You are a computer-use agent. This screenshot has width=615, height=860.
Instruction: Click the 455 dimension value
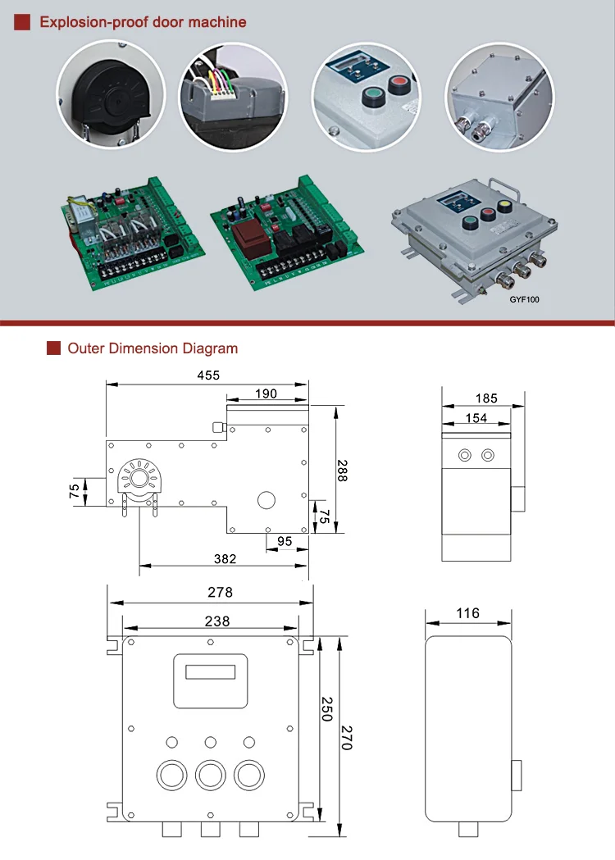(208, 375)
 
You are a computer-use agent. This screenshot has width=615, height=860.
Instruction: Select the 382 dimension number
(225, 558)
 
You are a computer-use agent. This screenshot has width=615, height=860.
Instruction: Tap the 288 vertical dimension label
(342, 469)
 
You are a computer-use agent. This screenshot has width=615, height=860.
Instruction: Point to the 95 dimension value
(285, 541)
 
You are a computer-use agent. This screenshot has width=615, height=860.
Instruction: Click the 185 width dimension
(486, 398)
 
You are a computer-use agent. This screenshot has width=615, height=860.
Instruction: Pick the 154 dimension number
(476, 418)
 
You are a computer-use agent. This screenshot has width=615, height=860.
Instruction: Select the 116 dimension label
(467, 613)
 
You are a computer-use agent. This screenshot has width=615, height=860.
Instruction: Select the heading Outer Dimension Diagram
(153, 348)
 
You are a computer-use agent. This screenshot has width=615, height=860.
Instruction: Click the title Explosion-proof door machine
(143, 22)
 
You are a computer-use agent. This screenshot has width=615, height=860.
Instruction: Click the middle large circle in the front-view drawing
(211, 774)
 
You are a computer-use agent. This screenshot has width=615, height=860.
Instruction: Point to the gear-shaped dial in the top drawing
(133, 478)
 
